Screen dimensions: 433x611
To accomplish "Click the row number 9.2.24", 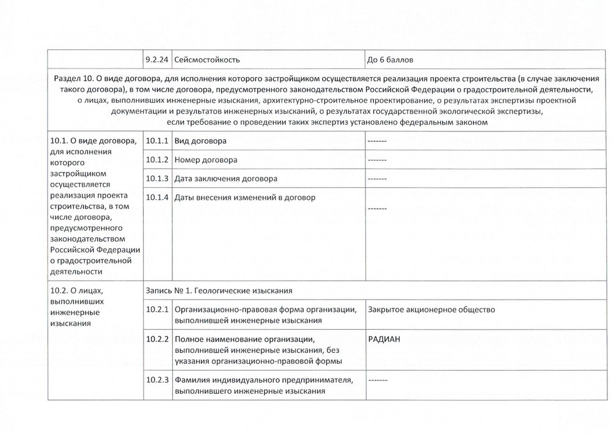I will click(x=157, y=60).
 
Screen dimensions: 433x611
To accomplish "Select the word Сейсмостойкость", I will click(x=207, y=60).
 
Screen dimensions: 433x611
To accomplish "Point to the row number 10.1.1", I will click(x=157, y=141).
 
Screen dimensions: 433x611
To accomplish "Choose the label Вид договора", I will click(x=200, y=141).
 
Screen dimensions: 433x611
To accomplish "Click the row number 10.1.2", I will click(x=157, y=160).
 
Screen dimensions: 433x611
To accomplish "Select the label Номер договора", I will click(x=205, y=160).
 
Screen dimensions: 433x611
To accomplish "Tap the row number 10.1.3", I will click(x=157, y=179).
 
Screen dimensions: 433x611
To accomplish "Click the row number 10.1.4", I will click(x=157, y=198).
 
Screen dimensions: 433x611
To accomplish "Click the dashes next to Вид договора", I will click(x=377, y=141).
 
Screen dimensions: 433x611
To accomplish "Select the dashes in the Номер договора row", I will click(x=377, y=160).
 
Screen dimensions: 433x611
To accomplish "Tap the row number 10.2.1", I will click(x=157, y=309).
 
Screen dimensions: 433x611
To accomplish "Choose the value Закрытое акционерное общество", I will click(x=431, y=309).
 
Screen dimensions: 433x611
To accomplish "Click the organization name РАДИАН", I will click(x=384, y=340).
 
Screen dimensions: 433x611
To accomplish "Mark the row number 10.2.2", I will click(x=157, y=339).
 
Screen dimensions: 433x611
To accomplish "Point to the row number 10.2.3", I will click(x=157, y=380).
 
